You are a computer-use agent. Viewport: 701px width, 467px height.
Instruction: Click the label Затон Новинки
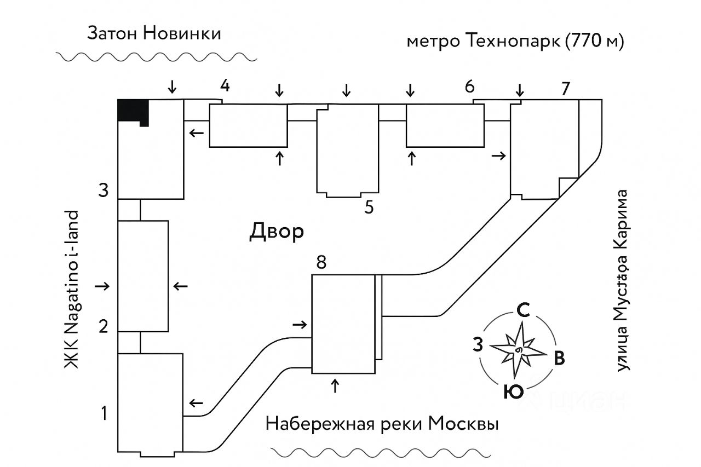(154, 33)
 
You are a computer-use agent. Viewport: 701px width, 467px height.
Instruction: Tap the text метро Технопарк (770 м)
(515, 42)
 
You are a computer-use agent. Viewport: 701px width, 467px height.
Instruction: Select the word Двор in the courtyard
(277, 232)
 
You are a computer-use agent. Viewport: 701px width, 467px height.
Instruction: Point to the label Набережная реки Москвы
(382, 424)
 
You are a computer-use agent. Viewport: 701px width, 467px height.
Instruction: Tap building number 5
(369, 207)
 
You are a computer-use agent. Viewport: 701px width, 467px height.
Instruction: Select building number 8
(321, 263)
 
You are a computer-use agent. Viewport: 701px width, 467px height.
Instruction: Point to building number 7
(566, 88)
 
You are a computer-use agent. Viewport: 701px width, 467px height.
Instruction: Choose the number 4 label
(225, 85)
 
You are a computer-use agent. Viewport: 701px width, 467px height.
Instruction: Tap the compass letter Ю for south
(513, 392)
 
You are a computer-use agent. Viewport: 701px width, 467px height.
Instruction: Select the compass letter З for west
(478, 345)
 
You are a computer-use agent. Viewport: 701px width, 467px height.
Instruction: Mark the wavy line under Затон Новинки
(156, 57)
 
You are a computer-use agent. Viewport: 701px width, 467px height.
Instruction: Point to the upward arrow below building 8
(335, 385)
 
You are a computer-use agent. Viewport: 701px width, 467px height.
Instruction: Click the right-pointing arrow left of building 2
(102, 286)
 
